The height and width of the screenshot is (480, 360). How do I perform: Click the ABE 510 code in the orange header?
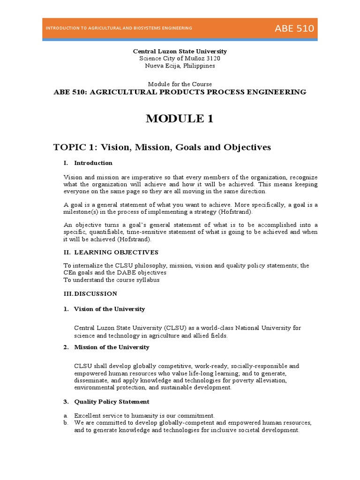click(294, 29)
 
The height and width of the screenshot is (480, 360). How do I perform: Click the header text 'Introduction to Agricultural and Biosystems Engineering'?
click(119, 29)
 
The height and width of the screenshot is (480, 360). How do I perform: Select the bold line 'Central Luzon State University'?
click(180, 51)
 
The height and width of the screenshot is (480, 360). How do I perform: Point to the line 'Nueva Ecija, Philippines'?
click(180, 66)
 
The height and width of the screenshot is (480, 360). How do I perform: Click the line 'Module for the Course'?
click(180, 84)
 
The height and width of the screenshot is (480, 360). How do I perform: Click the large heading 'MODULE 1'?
click(180, 119)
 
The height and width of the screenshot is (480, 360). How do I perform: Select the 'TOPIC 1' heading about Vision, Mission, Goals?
click(162, 148)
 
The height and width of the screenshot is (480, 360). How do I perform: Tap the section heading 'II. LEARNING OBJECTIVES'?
click(111, 252)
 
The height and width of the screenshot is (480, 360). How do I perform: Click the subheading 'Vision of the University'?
click(109, 309)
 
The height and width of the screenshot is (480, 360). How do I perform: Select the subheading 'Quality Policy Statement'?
click(112, 402)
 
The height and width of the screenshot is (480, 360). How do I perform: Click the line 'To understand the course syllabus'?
click(112, 280)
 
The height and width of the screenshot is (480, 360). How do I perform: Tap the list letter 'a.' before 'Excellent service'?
click(66, 416)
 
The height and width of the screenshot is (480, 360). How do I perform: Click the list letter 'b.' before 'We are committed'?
click(66, 423)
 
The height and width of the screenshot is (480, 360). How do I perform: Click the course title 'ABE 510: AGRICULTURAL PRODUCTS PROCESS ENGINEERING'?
click(180, 92)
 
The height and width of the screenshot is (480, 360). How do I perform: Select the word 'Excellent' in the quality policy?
click(87, 416)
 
